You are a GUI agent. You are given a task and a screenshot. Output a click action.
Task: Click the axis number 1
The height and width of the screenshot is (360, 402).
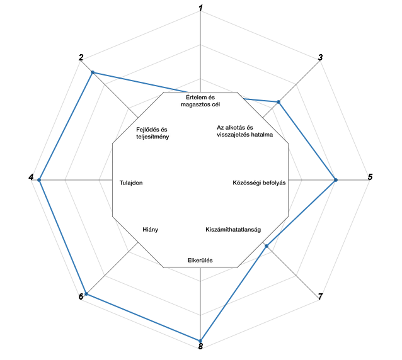pos(201,8)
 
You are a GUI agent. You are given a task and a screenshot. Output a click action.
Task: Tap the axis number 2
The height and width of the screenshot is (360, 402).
pos(81,57)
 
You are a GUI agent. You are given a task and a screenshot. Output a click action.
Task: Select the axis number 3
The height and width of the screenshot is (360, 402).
pos(320,57)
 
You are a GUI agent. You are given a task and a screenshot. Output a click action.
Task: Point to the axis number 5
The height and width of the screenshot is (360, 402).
pos(370,177)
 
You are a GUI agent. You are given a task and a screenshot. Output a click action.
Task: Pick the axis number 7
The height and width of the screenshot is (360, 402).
pos(320,296)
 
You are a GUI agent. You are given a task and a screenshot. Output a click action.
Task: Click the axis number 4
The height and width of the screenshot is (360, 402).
pos(31,177)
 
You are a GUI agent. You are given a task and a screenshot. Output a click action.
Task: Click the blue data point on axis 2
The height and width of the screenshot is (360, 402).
pos(93,72)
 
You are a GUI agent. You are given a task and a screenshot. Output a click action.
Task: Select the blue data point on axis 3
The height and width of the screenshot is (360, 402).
pos(279,102)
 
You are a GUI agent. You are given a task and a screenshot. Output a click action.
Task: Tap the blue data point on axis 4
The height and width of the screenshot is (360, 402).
pos(39,180)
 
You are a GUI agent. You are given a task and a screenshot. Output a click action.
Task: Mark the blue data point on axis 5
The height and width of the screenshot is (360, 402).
pos(336,180)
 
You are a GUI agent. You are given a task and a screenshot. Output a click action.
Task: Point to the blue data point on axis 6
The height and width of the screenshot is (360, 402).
pos(86,294)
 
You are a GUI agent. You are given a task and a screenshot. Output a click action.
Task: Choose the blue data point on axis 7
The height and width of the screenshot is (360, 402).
pos(267,246)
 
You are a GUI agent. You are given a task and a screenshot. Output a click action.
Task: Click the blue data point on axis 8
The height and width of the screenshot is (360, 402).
pos(200,340)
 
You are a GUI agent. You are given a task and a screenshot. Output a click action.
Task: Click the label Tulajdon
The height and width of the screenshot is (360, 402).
pos(131,183)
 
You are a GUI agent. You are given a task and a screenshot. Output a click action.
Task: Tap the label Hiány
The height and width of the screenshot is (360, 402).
pos(150,230)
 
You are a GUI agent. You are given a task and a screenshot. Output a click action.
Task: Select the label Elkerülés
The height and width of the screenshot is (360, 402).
pos(200,260)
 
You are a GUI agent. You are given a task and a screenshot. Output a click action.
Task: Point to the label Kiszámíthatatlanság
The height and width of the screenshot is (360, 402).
pos(233,230)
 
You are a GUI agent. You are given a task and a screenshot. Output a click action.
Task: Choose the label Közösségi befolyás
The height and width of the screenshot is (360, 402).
pos(259,183)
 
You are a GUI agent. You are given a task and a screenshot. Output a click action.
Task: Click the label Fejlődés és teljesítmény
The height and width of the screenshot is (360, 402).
pos(152,133)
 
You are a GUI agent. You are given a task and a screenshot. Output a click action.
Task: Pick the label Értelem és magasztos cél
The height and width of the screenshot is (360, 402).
pos(200,101)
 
